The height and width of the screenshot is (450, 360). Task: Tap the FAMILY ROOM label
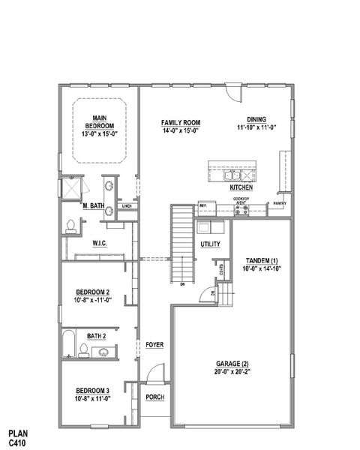coord(180,122)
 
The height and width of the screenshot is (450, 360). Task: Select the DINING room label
coord(257,118)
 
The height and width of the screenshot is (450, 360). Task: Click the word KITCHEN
coord(241,187)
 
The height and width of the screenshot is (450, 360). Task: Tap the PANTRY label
coord(280,202)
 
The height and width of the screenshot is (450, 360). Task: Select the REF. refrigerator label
coord(202,205)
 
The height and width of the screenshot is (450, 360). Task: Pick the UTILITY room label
coord(210,244)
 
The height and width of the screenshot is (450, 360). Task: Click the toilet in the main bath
coord(71,224)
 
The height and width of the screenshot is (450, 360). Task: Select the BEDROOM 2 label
coord(93,292)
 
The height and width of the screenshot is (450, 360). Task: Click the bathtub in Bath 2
coord(67,343)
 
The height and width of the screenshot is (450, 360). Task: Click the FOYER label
coord(154,344)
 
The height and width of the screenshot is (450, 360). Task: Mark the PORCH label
coord(154,397)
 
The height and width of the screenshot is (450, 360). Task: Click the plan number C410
coord(17,443)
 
